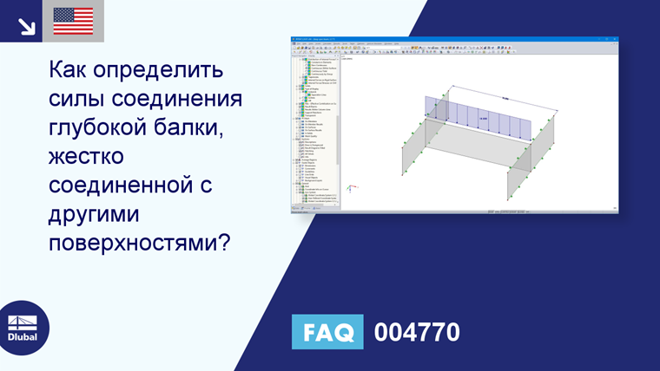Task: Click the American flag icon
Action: click(73, 21)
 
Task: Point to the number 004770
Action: click(417, 333)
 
